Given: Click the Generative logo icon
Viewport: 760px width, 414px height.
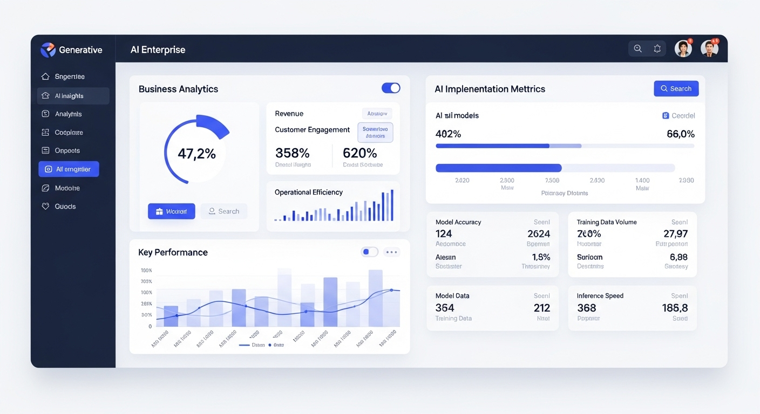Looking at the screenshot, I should (x=48, y=50).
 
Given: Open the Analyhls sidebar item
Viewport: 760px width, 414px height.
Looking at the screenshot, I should (x=68, y=114).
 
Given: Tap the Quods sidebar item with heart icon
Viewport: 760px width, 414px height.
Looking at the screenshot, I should (x=65, y=206).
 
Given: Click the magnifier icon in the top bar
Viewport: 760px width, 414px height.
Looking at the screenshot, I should (x=637, y=49).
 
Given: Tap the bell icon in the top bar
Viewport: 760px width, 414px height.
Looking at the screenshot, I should (x=657, y=49).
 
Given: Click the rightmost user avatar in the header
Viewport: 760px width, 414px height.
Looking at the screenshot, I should (x=710, y=49).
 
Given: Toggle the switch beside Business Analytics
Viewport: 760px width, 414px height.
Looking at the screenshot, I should (x=391, y=88).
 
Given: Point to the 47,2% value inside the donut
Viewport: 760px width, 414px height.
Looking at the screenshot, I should (x=196, y=154).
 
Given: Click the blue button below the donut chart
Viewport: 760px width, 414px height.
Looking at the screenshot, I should (x=171, y=211).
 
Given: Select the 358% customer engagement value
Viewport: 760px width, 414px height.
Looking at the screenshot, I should (x=293, y=153).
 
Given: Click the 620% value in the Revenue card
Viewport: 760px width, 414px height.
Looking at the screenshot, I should (x=359, y=153).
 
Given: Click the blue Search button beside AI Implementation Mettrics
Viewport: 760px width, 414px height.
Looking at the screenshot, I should (x=676, y=88).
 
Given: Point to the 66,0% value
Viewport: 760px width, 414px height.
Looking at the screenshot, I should (x=680, y=134).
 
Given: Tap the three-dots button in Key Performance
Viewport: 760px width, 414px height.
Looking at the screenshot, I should (x=391, y=252).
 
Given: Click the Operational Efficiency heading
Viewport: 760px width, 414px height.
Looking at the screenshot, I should (x=308, y=192).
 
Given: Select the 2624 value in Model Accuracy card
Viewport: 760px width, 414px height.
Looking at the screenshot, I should (x=538, y=233).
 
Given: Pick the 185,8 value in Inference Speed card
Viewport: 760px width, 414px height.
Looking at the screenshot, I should (x=675, y=308).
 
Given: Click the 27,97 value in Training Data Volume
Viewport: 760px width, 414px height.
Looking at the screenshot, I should (x=675, y=233).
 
